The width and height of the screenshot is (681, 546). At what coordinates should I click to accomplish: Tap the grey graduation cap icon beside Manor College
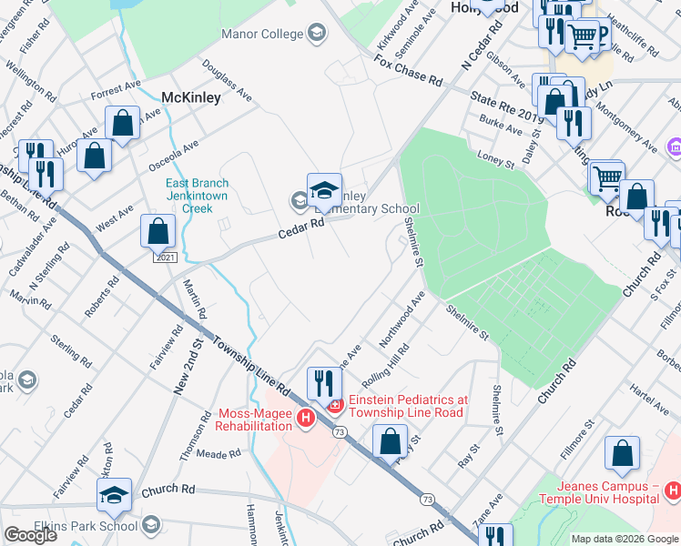[x=316, y=35]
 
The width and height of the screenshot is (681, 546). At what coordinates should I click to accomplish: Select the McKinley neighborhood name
[x=191, y=97]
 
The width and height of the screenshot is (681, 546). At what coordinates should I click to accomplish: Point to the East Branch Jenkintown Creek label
[x=197, y=196]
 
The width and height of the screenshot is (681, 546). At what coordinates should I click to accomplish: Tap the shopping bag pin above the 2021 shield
[x=158, y=233]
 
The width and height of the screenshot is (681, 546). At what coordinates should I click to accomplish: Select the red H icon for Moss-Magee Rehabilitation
[x=306, y=419]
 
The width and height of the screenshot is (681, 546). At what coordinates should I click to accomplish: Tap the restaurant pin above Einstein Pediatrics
[x=324, y=384]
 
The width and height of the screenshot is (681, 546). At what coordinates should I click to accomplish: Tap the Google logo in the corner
[x=30, y=535]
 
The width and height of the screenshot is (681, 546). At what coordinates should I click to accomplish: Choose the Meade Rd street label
[x=217, y=453]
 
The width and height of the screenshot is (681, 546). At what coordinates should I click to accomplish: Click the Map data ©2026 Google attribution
[x=625, y=539]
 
